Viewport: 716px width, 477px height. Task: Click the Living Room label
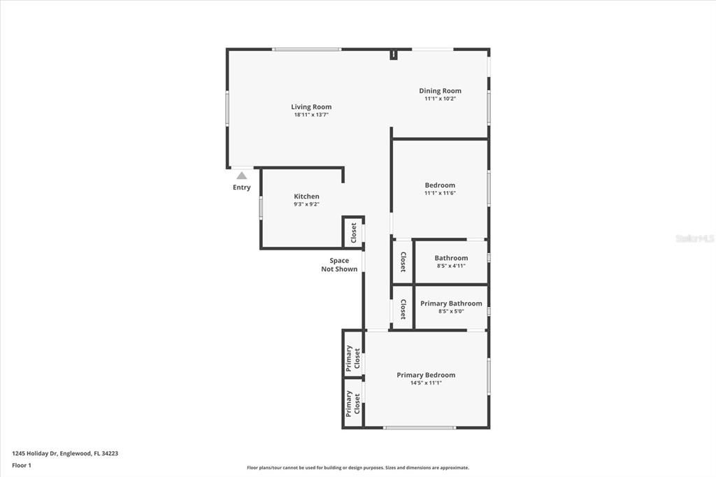point(311,107)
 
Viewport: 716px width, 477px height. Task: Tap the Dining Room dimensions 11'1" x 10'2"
point(440,99)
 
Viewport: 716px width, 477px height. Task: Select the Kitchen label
point(306,197)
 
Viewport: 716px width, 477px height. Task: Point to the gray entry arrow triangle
point(241,176)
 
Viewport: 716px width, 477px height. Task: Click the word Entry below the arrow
point(241,187)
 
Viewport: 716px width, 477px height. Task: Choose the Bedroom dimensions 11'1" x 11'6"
point(440,193)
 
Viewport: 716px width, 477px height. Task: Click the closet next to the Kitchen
point(353,232)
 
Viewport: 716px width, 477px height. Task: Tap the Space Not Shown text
point(339,264)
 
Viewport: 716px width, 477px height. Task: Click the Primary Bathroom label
point(450,304)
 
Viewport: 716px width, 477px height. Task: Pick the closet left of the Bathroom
point(403,262)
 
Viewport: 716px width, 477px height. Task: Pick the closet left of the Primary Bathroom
point(403,308)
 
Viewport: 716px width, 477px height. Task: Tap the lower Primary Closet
point(353,403)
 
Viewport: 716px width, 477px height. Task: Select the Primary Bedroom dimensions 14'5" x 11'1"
point(426,383)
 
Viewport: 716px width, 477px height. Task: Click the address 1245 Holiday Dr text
point(65,453)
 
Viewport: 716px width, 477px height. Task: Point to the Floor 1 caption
point(22,465)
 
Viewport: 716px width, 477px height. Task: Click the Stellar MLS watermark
point(694,239)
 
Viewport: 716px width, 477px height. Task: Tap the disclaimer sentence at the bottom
point(357,468)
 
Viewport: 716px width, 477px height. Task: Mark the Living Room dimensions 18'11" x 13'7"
point(311,115)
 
